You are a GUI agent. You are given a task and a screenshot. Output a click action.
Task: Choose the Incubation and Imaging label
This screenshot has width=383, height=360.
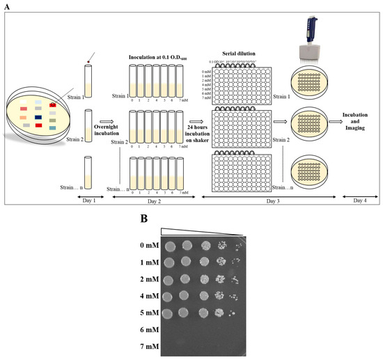click(x=358, y=120)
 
